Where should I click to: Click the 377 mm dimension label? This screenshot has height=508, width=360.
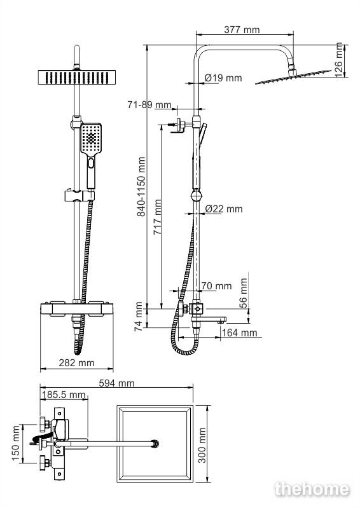click(x=242, y=30)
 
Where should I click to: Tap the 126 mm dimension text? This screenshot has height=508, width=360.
click(x=338, y=60)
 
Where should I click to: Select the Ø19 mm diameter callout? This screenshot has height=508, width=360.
click(x=223, y=78)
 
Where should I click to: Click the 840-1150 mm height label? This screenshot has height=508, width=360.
click(x=141, y=187)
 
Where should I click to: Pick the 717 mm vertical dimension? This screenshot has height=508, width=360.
click(x=158, y=217)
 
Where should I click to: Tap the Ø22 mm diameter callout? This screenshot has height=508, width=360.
click(x=224, y=209)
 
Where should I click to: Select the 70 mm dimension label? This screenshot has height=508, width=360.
click(x=216, y=285)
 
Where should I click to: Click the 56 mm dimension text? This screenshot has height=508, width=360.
click(x=244, y=293)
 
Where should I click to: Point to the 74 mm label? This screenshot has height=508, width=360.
click(x=139, y=317)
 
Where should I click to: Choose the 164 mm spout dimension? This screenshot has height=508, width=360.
click(x=239, y=333)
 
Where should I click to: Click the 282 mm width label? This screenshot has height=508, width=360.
click(x=76, y=363)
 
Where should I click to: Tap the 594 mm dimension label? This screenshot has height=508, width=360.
click(x=116, y=383)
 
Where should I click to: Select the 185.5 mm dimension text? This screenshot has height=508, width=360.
click(x=64, y=395)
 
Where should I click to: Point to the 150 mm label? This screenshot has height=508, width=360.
click(x=16, y=443)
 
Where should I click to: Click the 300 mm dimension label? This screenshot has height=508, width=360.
click(x=202, y=445)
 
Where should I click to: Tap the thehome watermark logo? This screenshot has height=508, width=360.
click(x=312, y=489)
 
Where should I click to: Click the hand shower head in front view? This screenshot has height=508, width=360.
click(x=91, y=139)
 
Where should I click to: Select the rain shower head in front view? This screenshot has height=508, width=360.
click(x=77, y=78)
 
